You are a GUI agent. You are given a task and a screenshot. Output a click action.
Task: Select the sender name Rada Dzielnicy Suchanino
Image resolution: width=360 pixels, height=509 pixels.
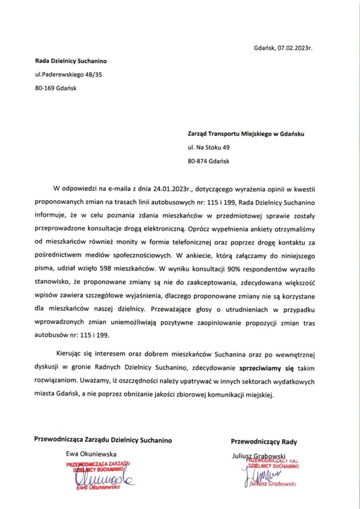71,62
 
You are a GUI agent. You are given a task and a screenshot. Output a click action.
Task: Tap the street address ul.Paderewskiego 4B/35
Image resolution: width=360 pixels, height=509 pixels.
68,75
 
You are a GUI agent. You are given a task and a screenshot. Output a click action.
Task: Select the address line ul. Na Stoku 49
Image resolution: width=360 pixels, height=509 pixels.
208,148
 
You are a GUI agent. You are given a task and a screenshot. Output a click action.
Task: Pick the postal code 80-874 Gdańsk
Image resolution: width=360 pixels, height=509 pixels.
208,161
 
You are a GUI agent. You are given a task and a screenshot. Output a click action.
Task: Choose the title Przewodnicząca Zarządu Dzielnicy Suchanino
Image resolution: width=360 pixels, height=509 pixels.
103,440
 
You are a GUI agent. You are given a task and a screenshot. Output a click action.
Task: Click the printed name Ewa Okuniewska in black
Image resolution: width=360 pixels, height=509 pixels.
91,454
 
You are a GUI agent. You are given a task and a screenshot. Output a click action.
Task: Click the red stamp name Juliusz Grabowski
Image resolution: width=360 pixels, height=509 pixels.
273,483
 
